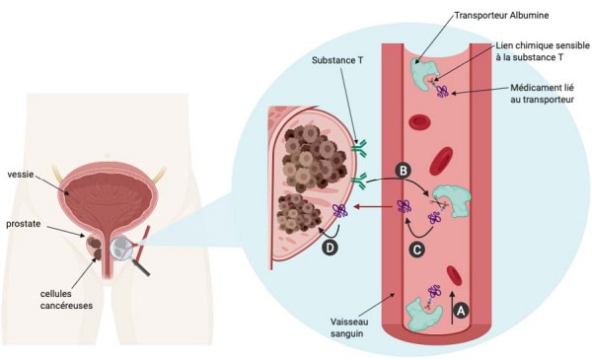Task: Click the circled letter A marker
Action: point(459,308)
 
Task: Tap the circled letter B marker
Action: point(403,171)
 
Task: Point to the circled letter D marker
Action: point(330,248)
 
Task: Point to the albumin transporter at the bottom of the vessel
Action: point(423,313)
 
